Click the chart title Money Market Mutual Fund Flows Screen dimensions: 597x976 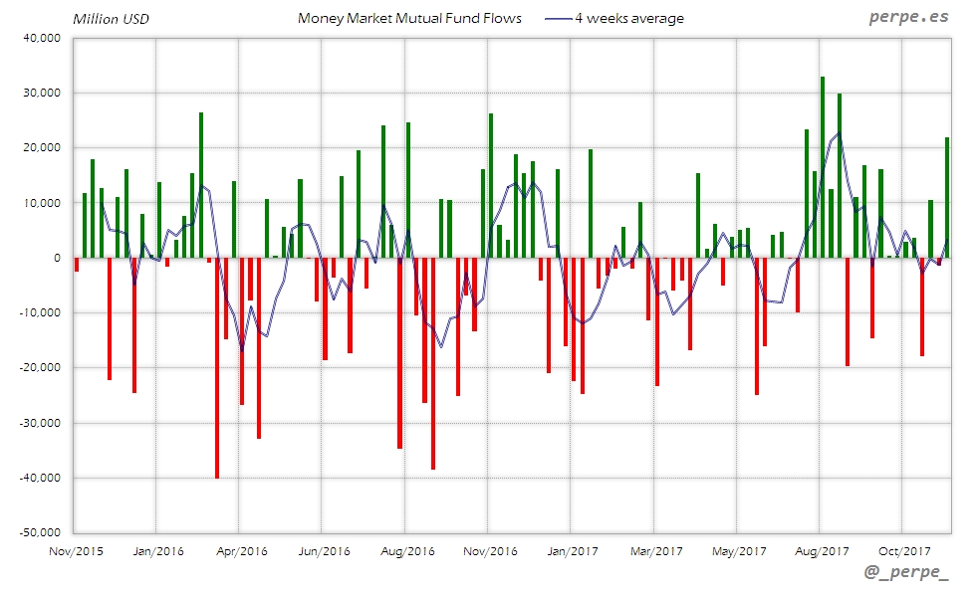click(x=409, y=18)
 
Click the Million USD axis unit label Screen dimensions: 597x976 click(x=110, y=18)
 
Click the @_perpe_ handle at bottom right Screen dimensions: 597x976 click(x=905, y=573)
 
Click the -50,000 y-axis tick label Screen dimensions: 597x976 click(x=39, y=532)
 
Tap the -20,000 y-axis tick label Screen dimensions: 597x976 click(x=39, y=368)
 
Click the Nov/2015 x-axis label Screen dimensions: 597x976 click(x=77, y=550)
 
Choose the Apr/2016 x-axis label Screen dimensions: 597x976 click(x=240, y=550)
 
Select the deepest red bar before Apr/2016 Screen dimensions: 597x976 click(x=217, y=368)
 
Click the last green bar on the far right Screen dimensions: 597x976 click(x=947, y=197)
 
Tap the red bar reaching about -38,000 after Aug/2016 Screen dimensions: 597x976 click(x=433, y=363)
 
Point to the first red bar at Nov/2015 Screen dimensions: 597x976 click(x=77, y=265)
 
